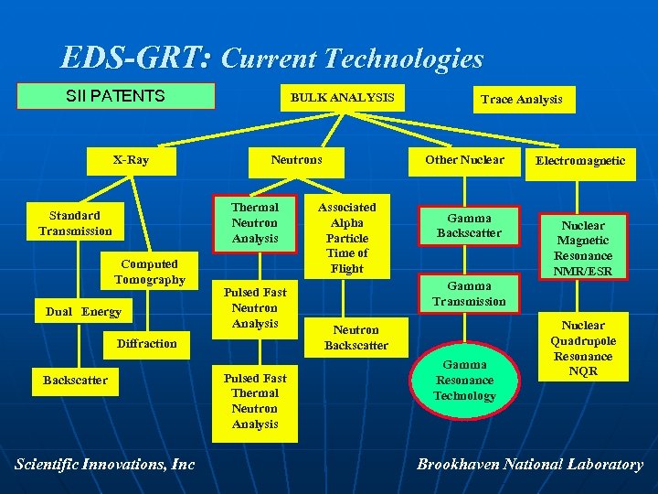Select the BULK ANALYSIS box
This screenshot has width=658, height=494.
coord(342,97)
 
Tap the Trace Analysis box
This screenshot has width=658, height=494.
coord(522,100)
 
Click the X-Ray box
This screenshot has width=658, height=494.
coord(131,160)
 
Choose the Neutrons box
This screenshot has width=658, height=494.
coord(296,160)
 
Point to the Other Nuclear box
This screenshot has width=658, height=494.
coord(464,160)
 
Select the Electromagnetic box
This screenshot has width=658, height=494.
coord(580,161)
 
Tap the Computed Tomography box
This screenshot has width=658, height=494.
coord(150,272)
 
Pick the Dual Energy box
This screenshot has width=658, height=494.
coord(83,312)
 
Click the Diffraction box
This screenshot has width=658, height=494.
coord(146,343)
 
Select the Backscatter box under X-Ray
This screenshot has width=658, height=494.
coord(76,380)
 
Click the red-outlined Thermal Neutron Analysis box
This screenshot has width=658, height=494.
coord(255,222)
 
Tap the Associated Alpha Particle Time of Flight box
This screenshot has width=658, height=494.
coord(347,238)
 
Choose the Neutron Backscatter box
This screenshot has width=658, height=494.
coord(356,338)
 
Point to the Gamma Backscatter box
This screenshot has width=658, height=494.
coord(469,225)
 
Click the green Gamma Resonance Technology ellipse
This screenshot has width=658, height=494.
coord(463,380)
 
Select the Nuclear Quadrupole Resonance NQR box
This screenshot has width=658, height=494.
coord(583,349)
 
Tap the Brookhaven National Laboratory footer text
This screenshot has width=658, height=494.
coord(530,465)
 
